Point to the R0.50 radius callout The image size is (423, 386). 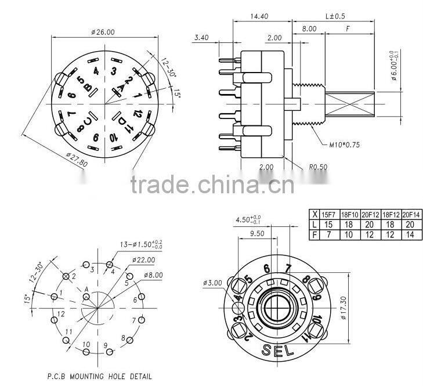[x=319, y=167]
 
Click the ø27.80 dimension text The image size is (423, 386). [x=75, y=159]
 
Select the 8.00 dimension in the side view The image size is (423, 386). [x=309, y=28]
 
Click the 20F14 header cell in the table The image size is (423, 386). [x=411, y=214]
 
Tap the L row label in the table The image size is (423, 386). [x=314, y=224]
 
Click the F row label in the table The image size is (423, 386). [x=314, y=235]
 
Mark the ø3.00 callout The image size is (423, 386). [x=213, y=283]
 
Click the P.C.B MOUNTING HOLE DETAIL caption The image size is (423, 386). [x=99, y=376]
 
